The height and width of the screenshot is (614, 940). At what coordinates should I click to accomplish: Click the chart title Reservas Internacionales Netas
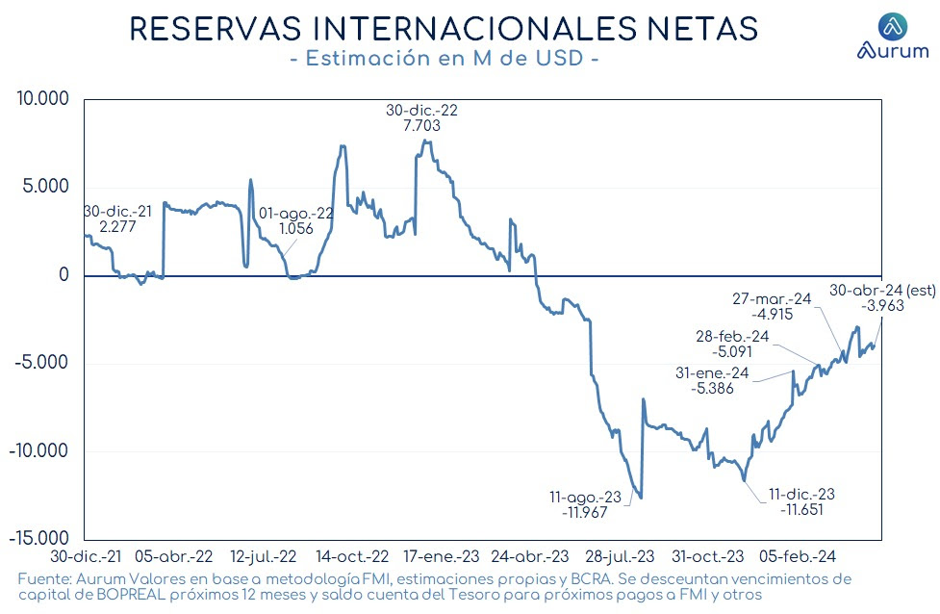445,28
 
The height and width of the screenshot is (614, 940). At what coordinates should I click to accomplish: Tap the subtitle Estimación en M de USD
445,58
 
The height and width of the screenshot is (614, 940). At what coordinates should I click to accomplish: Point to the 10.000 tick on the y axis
42,98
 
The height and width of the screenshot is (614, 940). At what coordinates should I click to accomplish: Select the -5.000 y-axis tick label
39,363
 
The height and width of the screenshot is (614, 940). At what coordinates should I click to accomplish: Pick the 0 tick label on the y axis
64,274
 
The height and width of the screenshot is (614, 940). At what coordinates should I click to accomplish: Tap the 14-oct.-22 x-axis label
352,556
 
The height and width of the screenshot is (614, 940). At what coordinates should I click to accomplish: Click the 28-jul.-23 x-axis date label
620,556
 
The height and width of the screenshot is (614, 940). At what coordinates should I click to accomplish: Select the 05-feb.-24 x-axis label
798,556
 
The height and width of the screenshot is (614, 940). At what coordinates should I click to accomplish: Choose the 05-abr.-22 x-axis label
174,556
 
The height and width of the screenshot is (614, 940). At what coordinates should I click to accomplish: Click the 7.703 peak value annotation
422,125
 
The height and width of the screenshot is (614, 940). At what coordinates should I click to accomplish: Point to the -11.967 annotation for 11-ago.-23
585,513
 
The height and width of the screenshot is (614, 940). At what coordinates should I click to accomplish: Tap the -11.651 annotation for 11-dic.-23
801,510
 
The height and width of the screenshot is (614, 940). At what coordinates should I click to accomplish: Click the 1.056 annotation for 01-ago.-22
296,228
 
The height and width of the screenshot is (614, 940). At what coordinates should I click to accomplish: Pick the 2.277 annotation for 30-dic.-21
117,227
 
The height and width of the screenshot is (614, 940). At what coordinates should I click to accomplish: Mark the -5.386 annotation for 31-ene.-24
712,388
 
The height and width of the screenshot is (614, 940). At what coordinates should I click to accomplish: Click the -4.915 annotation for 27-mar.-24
773,314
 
